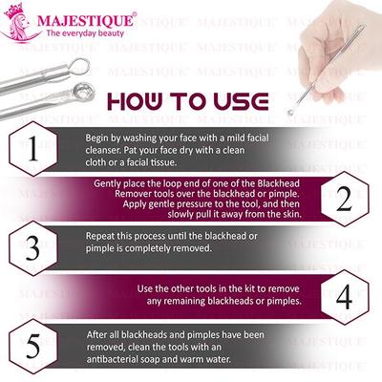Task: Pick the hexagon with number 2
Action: click(x=346, y=198)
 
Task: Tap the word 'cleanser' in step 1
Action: click(x=107, y=149)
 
